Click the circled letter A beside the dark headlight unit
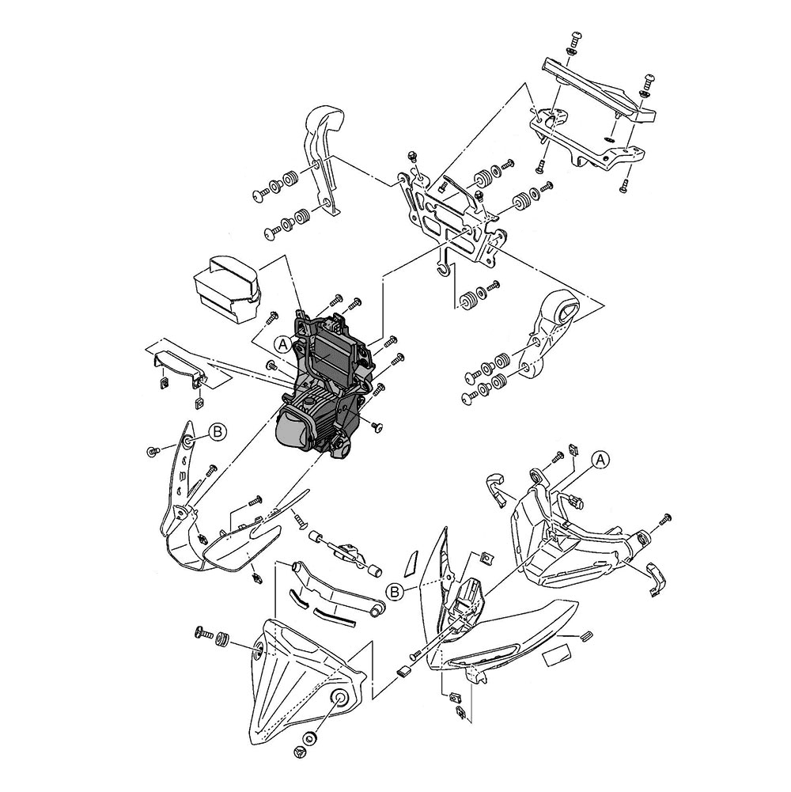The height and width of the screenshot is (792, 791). tap(282, 343)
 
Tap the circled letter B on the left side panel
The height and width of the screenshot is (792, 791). tap(218, 432)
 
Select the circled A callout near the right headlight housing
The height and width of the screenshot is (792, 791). tap(600, 458)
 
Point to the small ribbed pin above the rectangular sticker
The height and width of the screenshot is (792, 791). tap(585, 634)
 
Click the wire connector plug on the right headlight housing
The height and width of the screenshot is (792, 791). tap(575, 499)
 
